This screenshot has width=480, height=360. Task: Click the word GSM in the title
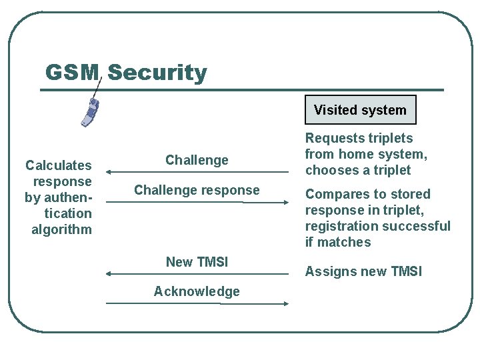click(72, 72)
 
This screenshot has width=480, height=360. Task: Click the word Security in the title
click(157, 72)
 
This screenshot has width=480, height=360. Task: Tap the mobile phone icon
click(91, 111)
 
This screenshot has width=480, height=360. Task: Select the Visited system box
click(360, 110)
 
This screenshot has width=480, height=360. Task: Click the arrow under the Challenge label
click(197, 171)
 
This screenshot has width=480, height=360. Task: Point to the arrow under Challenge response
click(197, 201)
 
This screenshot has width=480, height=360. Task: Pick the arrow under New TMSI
click(197, 273)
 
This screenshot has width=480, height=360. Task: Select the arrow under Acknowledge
click(197, 303)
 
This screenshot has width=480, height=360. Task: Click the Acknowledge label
click(197, 291)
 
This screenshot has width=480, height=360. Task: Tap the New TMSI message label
click(197, 262)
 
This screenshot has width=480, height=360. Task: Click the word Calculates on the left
click(59, 165)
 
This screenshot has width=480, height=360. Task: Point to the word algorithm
click(61, 229)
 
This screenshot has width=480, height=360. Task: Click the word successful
click(419, 226)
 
